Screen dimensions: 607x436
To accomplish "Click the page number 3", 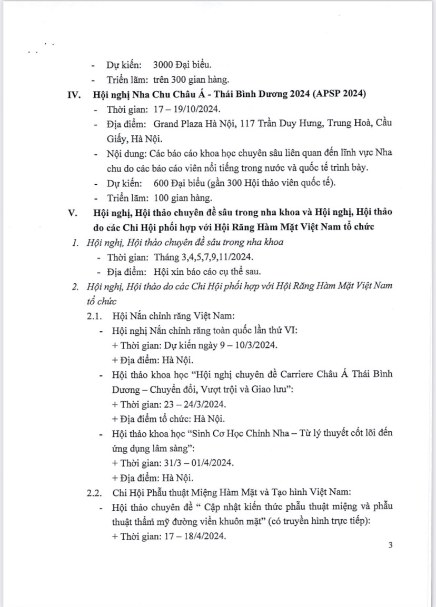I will pos(390,546).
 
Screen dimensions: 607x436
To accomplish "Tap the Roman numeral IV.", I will pos(73,95).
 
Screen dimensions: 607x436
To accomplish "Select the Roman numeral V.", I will pos(73,213).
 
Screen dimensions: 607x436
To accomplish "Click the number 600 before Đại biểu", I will pos(161,183).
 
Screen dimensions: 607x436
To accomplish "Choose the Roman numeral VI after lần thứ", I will pos(290,331).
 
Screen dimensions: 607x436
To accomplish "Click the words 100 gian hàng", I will pos(183,198).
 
